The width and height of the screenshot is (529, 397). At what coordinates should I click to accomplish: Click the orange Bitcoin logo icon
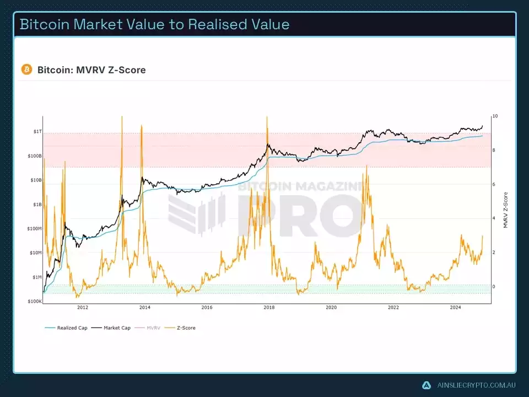coord(26,69)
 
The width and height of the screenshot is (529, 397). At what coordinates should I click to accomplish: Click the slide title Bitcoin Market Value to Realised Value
coord(154,24)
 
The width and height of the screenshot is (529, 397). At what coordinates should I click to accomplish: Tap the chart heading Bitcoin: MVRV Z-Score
coord(91,70)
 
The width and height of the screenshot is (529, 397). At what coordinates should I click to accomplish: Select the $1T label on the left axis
coord(37,132)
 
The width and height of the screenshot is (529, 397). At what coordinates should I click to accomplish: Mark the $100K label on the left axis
coord(35,302)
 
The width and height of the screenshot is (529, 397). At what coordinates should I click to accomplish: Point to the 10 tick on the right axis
coord(495,116)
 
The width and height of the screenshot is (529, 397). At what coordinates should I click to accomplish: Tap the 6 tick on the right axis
coord(494,185)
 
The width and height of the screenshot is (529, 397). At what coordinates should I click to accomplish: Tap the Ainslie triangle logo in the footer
coord(426,385)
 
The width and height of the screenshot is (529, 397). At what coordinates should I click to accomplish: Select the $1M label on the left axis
coord(36,277)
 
